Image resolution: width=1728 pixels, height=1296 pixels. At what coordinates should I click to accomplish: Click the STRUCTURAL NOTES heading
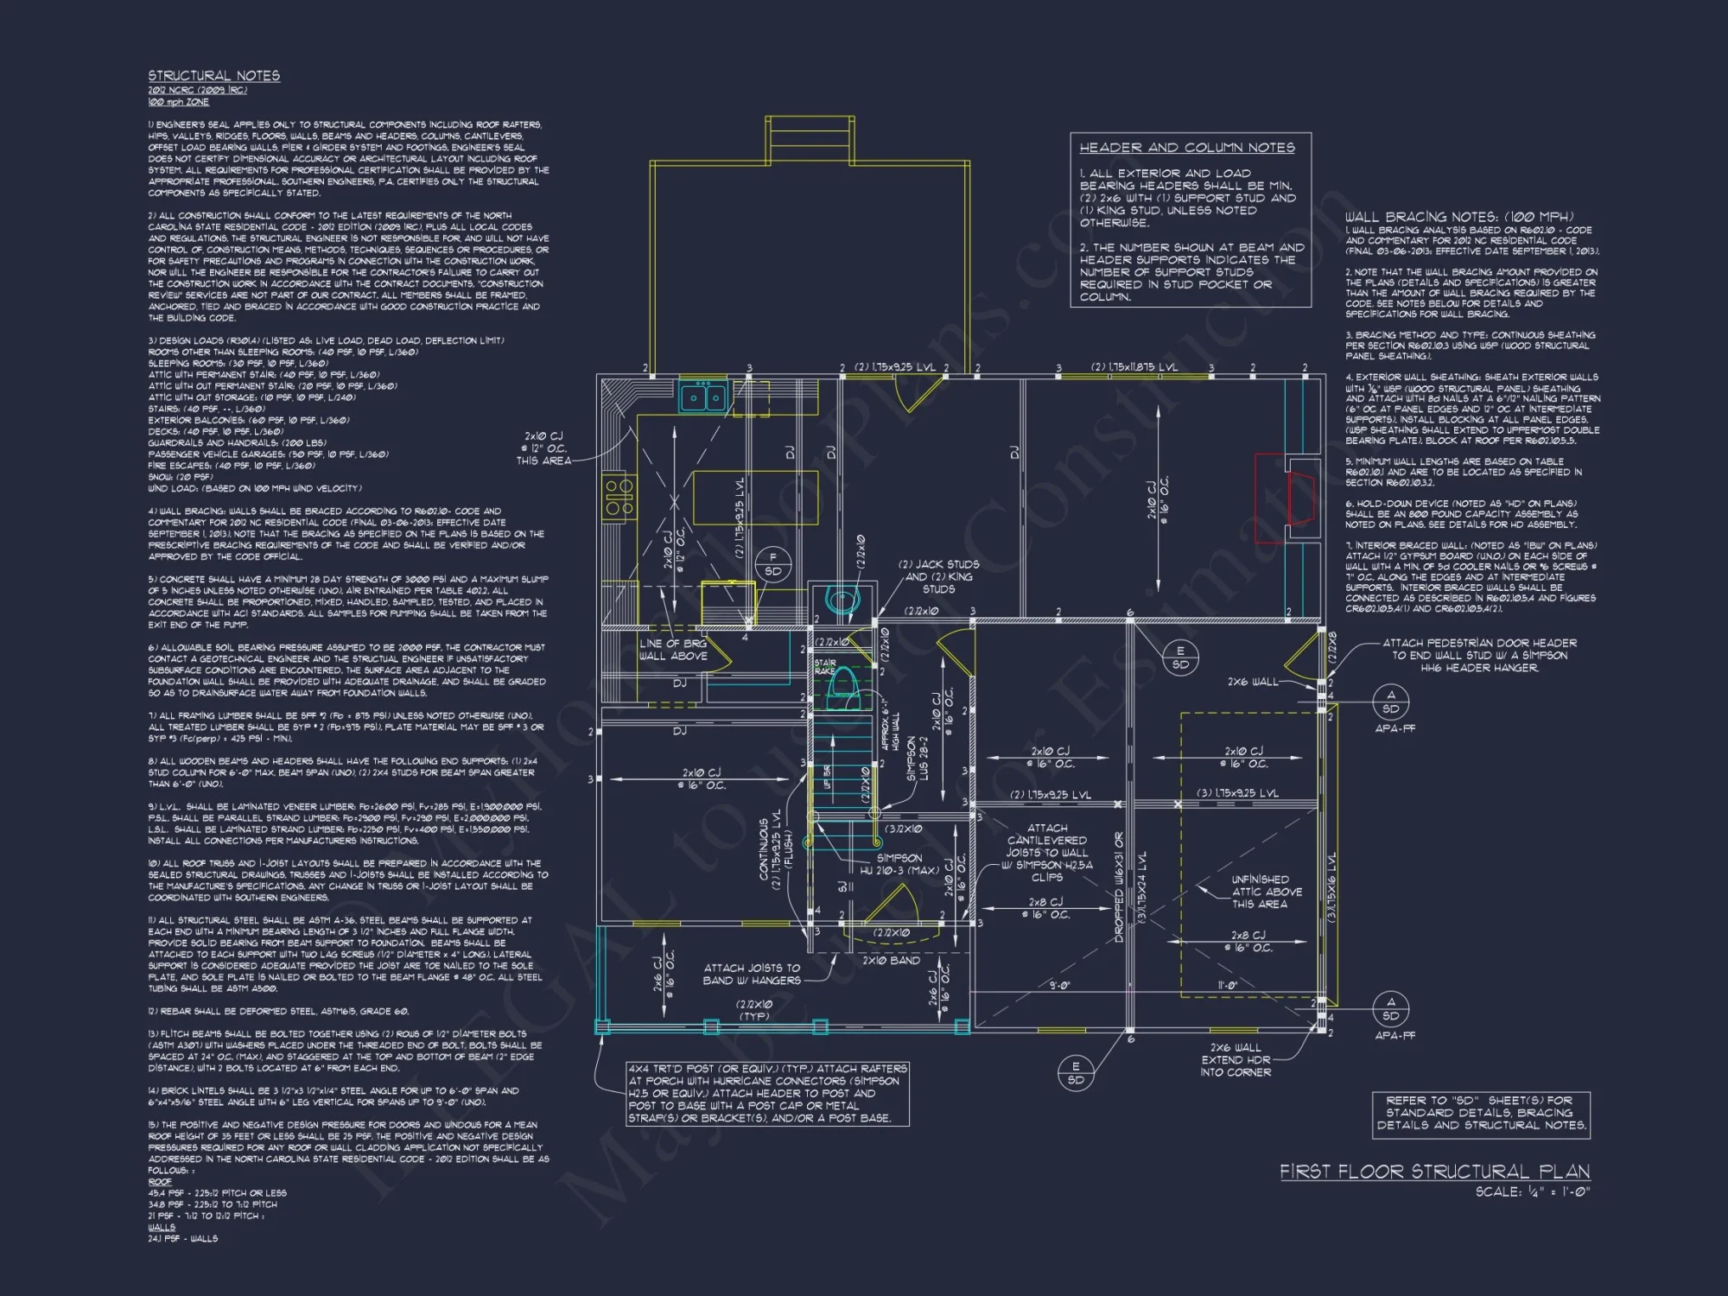point(213,76)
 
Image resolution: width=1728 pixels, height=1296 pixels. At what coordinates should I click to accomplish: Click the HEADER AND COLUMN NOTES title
point(1186,148)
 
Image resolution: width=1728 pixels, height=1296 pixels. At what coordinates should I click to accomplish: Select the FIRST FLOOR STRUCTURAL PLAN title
point(1434,1172)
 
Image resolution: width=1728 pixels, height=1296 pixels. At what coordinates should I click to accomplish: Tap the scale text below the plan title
point(1532,1192)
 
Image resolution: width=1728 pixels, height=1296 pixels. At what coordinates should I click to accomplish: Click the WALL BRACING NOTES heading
point(1458,217)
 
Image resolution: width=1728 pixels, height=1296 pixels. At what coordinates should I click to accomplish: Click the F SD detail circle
point(772,564)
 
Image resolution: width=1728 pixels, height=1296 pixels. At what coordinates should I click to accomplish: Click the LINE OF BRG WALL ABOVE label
point(673,650)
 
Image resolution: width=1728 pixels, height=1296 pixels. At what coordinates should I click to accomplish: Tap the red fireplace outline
point(1287,499)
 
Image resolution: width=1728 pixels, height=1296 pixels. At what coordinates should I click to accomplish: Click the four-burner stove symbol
point(619,498)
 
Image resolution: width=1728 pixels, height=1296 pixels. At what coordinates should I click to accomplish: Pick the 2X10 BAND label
point(891,960)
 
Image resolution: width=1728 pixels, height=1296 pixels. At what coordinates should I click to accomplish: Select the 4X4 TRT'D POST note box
point(767,1093)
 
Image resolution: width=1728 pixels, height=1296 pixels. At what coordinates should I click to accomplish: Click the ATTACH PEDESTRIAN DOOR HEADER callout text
point(1478,655)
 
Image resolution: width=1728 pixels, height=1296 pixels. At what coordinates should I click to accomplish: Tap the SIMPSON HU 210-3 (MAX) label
point(899,864)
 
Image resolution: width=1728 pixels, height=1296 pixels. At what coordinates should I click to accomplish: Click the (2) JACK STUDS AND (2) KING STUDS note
point(938,576)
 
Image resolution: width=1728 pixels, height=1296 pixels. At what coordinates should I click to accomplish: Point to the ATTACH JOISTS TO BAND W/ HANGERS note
point(752,974)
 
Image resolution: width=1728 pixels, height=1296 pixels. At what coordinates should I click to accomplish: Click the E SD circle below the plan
point(1076,1072)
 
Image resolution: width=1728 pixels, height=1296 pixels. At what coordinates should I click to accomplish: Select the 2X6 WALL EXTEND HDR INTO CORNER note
point(1236,1060)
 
